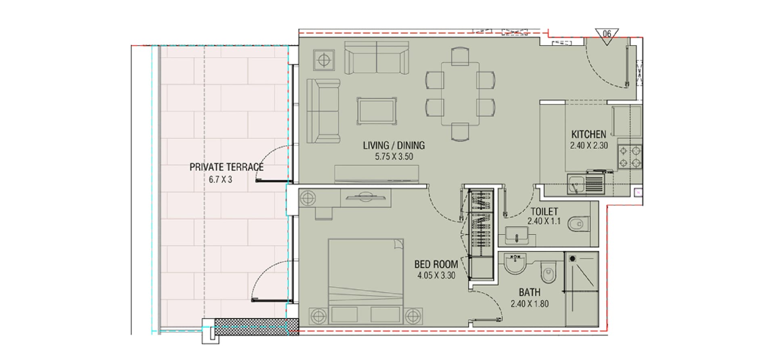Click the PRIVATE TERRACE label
tap(226, 167)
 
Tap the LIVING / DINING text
tap(394, 145)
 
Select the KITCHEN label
tap(589, 134)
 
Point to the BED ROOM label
tap(436, 264)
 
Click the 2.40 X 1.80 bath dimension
tap(530, 304)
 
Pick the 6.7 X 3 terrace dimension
tap(220, 180)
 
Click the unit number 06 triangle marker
tap(607, 36)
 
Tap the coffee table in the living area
tap(376, 111)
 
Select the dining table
tap(460, 94)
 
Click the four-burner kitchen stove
tap(630, 157)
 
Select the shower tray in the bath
tap(582, 289)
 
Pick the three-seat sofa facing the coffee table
tap(323, 111)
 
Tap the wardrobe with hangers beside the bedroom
tap(480, 234)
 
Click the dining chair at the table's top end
tap(460, 56)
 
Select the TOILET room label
tap(544, 211)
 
